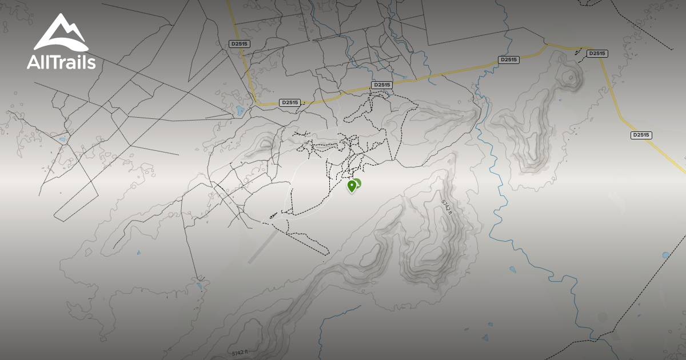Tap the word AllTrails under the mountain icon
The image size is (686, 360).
[x=61, y=62]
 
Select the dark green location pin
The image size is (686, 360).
[x=352, y=186]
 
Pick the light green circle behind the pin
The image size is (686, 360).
[x=357, y=183]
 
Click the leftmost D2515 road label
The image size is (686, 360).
[x=239, y=43]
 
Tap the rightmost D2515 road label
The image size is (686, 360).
[x=641, y=135]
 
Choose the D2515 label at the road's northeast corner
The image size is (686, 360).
[x=596, y=53]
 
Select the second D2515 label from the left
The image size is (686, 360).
[x=290, y=102]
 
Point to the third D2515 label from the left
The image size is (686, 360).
[x=381, y=85]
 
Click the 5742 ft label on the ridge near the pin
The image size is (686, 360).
[x=446, y=207]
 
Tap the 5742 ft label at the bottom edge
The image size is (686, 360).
[x=240, y=353]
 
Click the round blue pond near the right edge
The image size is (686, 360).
[x=665, y=255]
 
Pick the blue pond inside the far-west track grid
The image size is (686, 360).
[x=61, y=139]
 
